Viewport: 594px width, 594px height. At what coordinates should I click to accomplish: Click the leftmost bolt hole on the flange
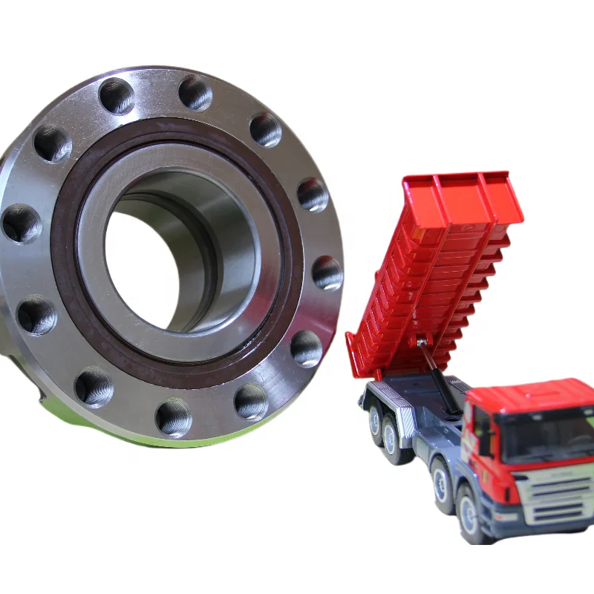pyautogui.click(x=20, y=223)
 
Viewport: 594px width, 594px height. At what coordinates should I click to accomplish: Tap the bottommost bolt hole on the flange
pyautogui.click(x=173, y=417)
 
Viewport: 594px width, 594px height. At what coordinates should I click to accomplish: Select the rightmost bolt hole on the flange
pyautogui.click(x=327, y=272)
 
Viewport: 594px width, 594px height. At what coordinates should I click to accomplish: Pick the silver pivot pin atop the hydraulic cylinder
pyautogui.click(x=422, y=342)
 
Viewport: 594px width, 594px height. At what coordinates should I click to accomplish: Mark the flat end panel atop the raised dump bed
pyautogui.click(x=460, y=197)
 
